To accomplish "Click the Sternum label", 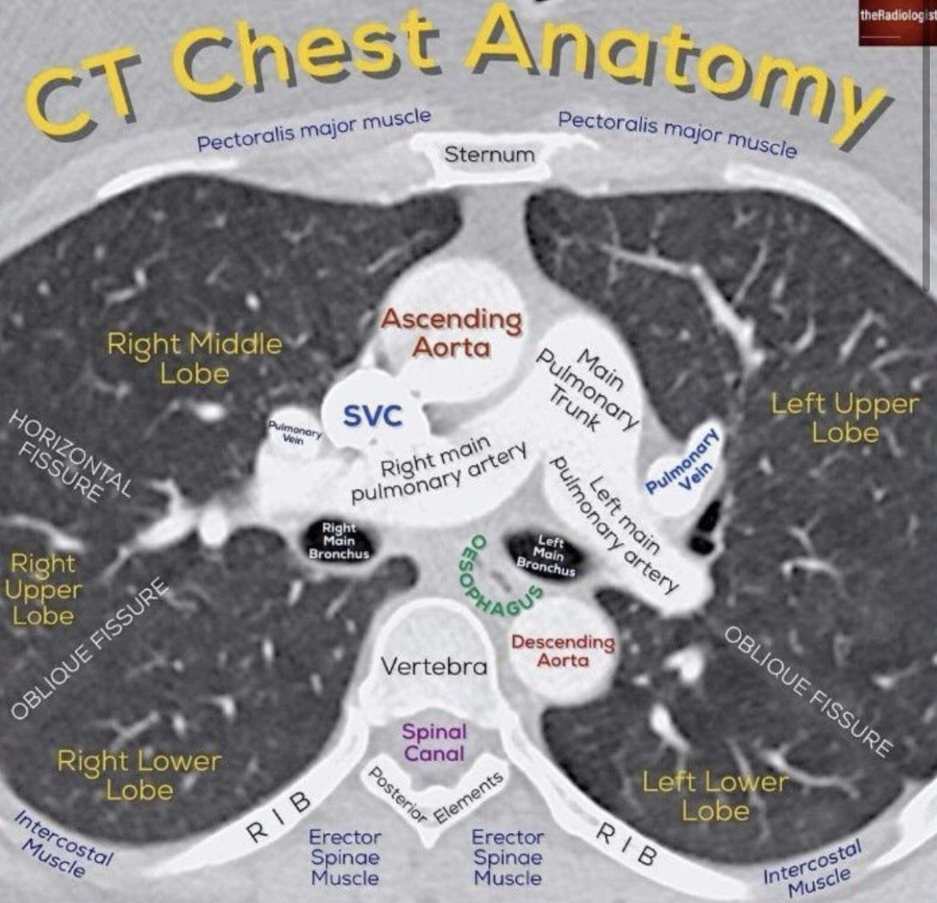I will [489, 153].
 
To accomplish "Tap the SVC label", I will [372, 415].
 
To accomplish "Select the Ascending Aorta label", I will [451, 333].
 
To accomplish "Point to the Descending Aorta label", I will [563, 651].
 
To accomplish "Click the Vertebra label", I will [433, 665].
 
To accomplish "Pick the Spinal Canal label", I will [434, 742].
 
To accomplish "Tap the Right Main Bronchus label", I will [339, 541].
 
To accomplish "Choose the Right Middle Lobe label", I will [195, 359].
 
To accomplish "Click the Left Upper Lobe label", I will [844, 418].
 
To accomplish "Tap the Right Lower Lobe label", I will [139, 774].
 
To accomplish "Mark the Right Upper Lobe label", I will [44, 589].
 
